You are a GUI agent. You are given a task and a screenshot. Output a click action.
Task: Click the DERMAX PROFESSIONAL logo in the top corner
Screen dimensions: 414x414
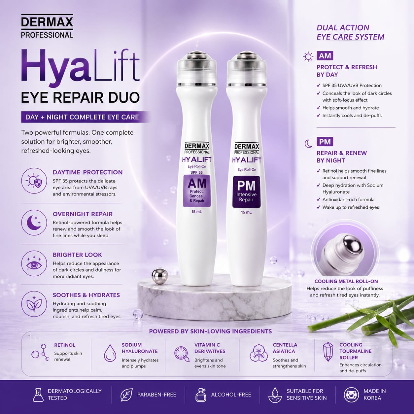tap(47, 26)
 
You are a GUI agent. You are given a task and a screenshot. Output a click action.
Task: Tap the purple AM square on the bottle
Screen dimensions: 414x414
tap(197, 191)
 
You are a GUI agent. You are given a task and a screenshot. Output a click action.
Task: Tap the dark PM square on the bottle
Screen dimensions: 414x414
tap(246, 192)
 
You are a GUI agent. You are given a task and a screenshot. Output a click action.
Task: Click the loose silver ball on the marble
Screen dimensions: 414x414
tap(160, 276)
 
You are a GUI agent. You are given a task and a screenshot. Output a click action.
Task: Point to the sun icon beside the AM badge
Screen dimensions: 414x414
tap(308, 57)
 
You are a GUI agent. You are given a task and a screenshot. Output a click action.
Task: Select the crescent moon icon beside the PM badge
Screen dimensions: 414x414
tap(308, 144)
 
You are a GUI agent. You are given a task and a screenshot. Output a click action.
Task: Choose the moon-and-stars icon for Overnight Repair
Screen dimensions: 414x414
tap(34, 223)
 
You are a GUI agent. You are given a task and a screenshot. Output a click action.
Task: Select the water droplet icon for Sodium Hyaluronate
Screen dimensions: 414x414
tap(110, 353)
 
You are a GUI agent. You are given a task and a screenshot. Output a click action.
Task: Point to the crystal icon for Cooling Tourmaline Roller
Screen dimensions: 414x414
tap(328, 355)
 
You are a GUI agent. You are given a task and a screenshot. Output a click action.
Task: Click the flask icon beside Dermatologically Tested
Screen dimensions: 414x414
tap(38, 395)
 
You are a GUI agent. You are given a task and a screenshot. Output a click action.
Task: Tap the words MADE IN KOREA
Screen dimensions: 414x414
tap(375, 395)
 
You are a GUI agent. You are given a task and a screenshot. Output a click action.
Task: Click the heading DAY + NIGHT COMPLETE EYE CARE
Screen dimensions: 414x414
tap(82, 117)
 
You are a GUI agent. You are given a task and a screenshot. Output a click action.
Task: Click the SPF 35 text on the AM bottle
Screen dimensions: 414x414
tap(196, 172)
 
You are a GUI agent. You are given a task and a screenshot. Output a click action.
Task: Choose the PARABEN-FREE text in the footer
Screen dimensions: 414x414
tap(156, 395)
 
